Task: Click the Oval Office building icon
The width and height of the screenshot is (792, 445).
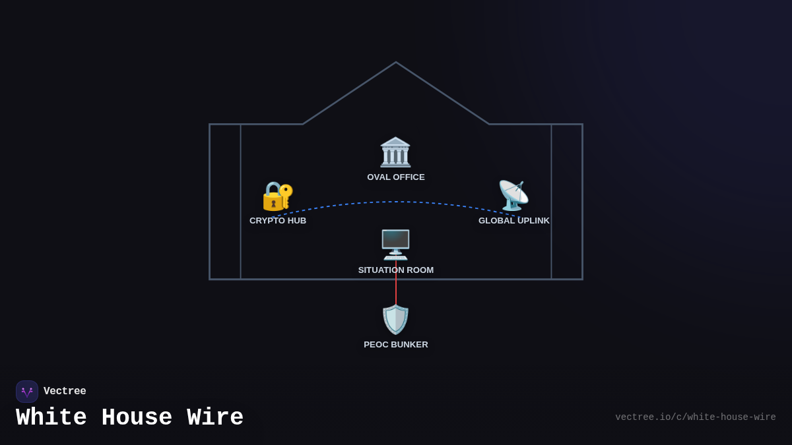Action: [395, 152]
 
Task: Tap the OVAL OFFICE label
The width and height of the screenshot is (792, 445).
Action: [396, 177]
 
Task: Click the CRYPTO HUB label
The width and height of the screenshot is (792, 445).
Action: [278, 221]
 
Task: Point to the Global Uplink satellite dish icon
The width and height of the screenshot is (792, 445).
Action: [513, 196]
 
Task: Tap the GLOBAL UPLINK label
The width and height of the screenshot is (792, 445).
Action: [514, 221]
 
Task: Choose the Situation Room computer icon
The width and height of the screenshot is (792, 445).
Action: [395, 245]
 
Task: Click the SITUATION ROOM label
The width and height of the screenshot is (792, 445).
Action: [396, 270]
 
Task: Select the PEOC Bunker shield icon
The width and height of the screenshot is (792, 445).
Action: [395, 319]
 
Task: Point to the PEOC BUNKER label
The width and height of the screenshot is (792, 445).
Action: [396, 345]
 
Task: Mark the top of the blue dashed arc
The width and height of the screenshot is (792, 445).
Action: [396, 202]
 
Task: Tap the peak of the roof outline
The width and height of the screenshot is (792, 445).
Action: [396, 63]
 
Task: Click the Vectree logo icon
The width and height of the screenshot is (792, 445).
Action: [27, 392]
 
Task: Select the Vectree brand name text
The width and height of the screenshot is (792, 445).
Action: [65, 392]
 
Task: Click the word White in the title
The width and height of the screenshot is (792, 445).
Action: [51, 418]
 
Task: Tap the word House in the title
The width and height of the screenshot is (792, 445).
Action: [137, 418]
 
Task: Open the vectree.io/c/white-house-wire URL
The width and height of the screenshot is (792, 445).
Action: [695, 417]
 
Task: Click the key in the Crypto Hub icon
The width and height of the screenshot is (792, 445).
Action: [286, 196]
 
